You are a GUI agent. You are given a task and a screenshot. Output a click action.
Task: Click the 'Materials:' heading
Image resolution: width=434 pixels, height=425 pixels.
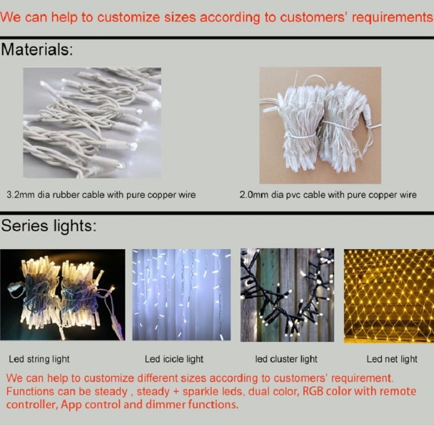coord(37,50)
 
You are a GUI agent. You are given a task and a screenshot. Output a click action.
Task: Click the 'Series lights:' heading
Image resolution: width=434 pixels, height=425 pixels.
coord(49,226)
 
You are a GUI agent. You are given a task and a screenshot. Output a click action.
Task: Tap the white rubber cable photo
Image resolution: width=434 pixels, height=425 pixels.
coord(92,123)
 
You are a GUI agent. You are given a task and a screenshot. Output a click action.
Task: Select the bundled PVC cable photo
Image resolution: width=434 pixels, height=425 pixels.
coord(320,125)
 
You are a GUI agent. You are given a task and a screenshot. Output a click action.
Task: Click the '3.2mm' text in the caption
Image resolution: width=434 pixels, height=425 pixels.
coord(19,194)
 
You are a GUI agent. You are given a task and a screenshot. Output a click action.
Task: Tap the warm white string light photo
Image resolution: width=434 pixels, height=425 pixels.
coord(62,295)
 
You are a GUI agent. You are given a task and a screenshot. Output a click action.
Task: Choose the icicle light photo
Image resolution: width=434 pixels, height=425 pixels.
coord(181,295)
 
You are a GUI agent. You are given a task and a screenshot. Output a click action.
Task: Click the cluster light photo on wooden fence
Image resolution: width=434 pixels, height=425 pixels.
coord(287,295)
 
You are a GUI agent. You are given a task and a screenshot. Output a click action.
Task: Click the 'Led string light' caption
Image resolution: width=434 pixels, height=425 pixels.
coord(39,359)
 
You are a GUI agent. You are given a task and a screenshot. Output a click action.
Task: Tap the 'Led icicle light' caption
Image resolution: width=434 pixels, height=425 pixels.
coord(174,359)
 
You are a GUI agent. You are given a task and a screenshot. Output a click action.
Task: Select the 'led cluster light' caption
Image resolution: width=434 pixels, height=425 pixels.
coord(286,359)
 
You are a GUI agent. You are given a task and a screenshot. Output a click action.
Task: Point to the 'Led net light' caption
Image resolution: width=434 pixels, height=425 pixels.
coord(392,359)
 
